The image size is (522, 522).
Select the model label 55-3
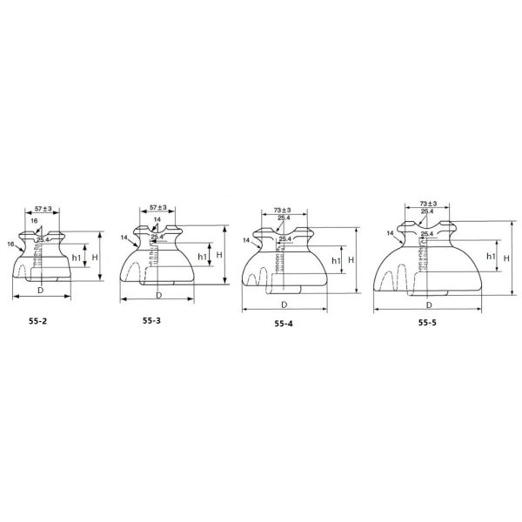[152, 319]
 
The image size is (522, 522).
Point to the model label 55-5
[428, 323]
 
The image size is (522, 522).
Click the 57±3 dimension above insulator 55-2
[43, 210]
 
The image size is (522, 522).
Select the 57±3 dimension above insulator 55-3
[157, 209]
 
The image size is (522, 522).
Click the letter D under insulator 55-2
[40, 289]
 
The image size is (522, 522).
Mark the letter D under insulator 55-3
[157, 294]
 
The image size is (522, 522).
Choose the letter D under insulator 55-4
[284, 304]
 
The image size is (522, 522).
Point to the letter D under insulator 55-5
[429, 305]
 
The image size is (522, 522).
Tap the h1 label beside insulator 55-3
[202, 257]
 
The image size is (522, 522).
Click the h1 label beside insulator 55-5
[491, 257]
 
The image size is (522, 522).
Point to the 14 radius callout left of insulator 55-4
[247, 239]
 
